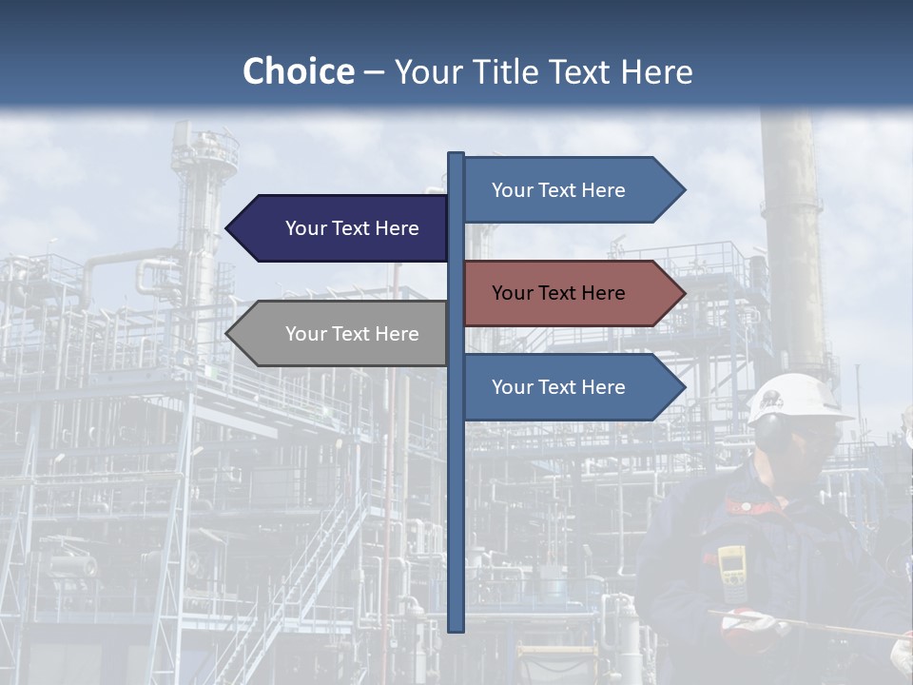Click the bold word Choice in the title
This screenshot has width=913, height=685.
pos(298,71)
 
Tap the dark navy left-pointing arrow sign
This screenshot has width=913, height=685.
pos(342,228)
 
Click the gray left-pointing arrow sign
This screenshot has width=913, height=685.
pos(342,334)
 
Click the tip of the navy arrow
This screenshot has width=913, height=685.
pos(228,228)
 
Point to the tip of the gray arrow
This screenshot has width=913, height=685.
pos(228,334)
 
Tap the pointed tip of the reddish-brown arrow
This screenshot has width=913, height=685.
pos(683,293)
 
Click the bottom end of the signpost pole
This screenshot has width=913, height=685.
pos(456,628)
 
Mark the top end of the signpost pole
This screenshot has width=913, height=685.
pos(456,155)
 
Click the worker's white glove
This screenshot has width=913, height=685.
pos(747,623)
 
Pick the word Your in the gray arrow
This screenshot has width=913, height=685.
pos(306,334)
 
